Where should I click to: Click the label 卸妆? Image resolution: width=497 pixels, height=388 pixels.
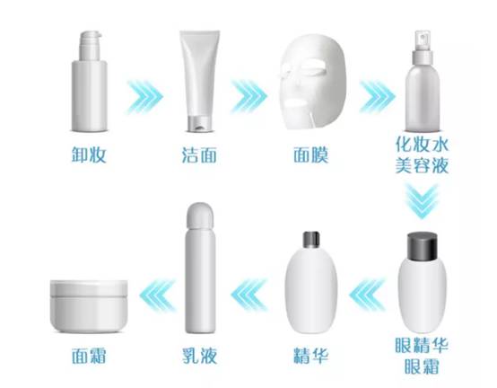pyautogui.click(x=89, y=154)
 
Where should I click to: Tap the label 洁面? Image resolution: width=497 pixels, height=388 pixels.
pyautogui.click(x=199, y=154)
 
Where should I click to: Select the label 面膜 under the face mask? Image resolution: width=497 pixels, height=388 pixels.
pyautogui.click(x=311, y=154)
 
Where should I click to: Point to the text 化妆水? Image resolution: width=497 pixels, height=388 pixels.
pyautogui.click(x=422, y=145)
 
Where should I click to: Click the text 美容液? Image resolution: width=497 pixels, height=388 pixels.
pyautogui.click(x=422, y=165)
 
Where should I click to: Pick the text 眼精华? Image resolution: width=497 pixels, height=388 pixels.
pyautogui.click(x=422, y=345)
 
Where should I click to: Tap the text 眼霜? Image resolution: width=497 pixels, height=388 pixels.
pyautogui.click(x=422, y=366)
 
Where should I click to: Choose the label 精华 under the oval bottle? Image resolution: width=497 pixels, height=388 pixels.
pyautogui.click(x=310, y=356)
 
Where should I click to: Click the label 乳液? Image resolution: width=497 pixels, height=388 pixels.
pyautogui.click(x=200, y=356)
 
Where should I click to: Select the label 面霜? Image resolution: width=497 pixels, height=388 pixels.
pyautogui.click(x=89, y=356)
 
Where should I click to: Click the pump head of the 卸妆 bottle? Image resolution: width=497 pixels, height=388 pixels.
pyautogui.click(x=91, y=46)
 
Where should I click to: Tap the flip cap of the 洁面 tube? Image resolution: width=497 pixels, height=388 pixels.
pyautogui.click(x=199, y=124)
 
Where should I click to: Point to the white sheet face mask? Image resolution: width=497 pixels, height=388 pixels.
pyautogui.click(x=312, y=82)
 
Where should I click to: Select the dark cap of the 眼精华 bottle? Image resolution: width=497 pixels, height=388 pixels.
pyautogui.click(x=423, y=245)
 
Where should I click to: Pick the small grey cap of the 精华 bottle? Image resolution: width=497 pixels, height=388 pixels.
pyautogui.click(x=311, y=240)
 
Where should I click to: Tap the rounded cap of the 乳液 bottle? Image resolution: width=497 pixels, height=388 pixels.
pyautogui.click(x=200, y=216)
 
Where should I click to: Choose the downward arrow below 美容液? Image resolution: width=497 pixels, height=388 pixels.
pyautogui.click(x=422, y=202)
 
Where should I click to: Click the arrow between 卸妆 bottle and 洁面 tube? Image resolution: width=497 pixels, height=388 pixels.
pyautogui.click(x=145, y=97)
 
